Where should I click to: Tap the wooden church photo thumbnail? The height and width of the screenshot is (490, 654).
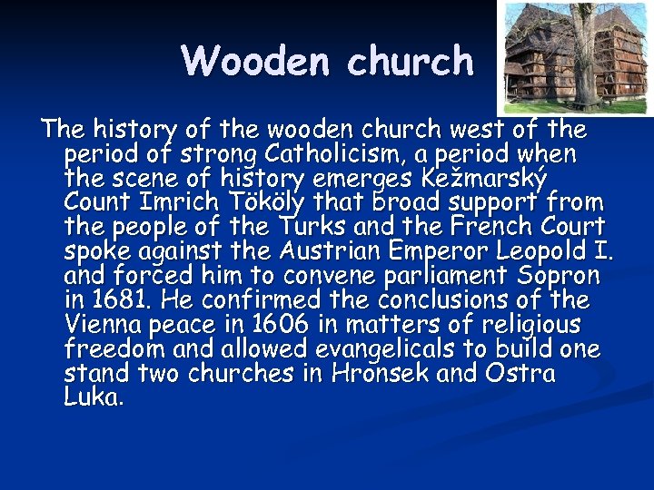coord(577,57)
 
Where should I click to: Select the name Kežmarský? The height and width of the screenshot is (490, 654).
coord(494,178)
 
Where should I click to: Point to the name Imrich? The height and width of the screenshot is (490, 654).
coord(196,201)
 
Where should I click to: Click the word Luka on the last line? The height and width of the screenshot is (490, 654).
coord(92,397)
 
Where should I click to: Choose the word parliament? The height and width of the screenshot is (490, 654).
coord(424,275)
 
